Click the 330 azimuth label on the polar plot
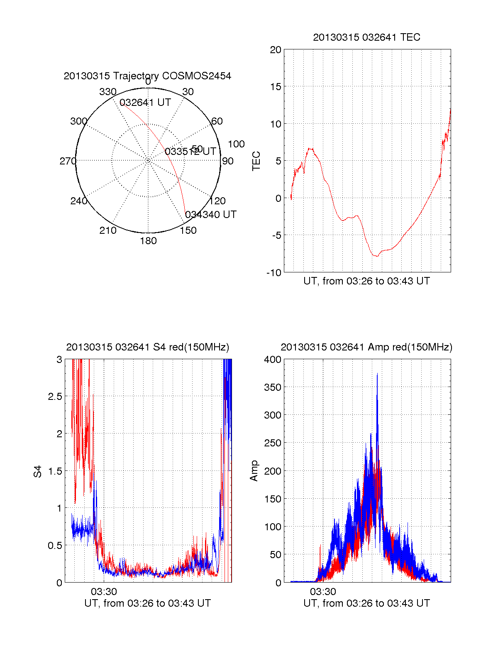(x=107, y=92)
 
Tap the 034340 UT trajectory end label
(x=210, y=215)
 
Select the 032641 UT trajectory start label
(x=145, y=103)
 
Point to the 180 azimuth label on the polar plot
(x=148, y=241)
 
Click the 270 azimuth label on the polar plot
(x=68, y=161)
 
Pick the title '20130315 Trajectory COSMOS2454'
(x=147, y=76)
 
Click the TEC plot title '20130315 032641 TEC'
(x=366, y=37)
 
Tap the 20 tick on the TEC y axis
(x=276, y=50)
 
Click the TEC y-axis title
(x=256, y=161)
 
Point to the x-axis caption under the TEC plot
(x=366, y=281)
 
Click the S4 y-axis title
(x=38, y=471)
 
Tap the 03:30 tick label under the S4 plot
(x=104, y=591)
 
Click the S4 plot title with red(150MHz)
(x=147, y=347)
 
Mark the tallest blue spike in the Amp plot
(x=377, y=375)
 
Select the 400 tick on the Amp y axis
(x=273, y=360)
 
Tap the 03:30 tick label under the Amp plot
(x=323, y=591)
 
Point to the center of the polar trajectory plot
(x=148, y=160)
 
